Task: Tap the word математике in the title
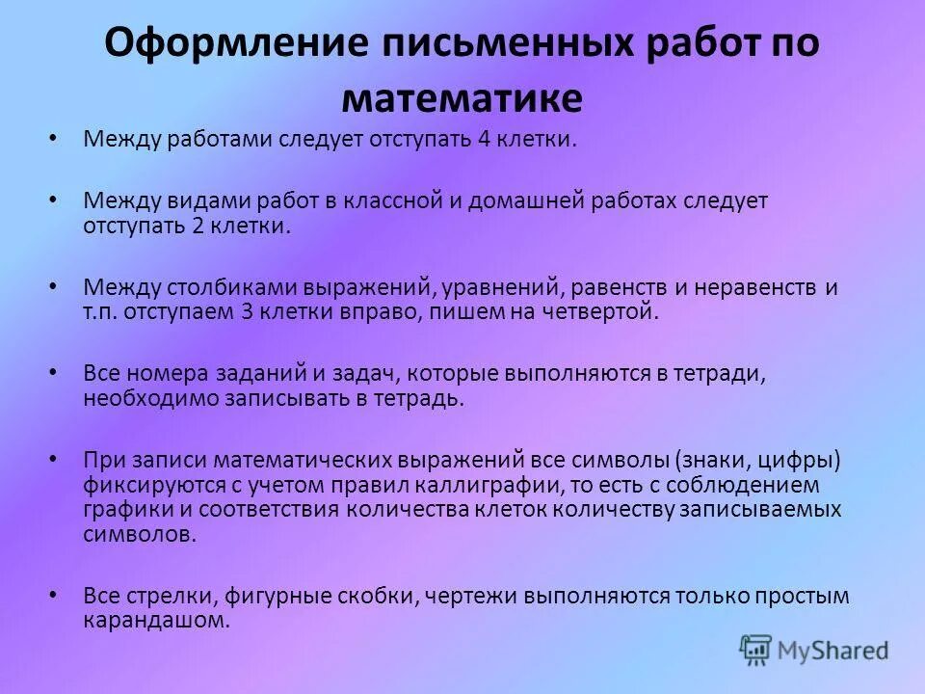pyautogui.click(x=462, y=97)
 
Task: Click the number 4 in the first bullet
pyautogui.click(x=482, y=140)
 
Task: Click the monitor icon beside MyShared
pyautogui.click(x=756, y=650)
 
